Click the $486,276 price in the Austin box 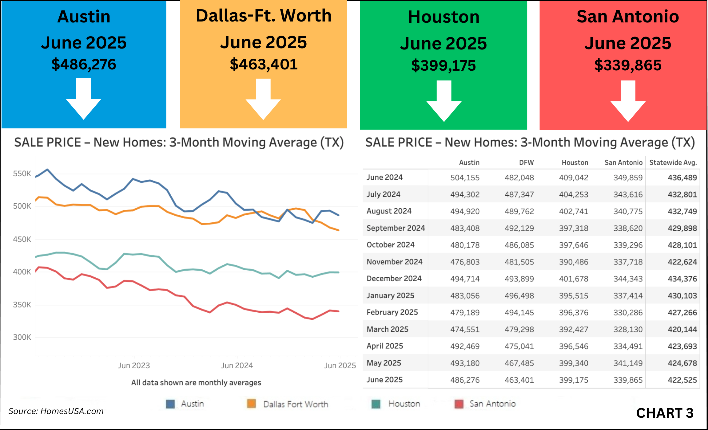pos(84,64)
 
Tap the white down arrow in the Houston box pos(444,101)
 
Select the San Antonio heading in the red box pos(628,17)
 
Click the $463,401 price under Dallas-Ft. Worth pos(264,64)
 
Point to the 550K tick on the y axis pos(22,174)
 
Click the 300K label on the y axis pos(22,337)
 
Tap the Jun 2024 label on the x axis pos(237,365)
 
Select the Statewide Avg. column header pos(673,162)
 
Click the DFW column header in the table pos(526,162)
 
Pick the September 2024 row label pos(396,228)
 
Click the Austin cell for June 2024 pos(465,178)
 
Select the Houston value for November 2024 pos(573,262)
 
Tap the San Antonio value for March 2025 pos(628,329)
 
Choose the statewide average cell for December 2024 pos(682,279)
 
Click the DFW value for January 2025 pos(519,295)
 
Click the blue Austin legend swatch pos(170,404)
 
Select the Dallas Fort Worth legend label pos(296,404)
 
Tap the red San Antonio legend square pos(459,404)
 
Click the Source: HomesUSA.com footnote pos(56,411)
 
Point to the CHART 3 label pos(665,413)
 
